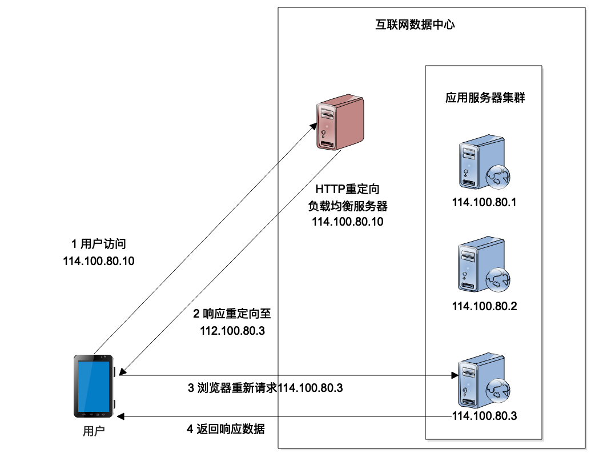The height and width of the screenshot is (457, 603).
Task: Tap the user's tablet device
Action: [94, 386]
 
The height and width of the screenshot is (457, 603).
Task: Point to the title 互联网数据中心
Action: [415, 25]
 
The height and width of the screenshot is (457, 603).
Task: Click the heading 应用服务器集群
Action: [485, 97]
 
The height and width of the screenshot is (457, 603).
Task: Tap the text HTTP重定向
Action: [348, 189]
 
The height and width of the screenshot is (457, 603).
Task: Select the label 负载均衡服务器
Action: [348, 206]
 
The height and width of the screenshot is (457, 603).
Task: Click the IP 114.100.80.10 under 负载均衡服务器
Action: [348, 222]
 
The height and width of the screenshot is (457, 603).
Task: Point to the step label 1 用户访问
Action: [98, 244]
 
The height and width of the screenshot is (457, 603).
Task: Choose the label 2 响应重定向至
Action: [232, 314]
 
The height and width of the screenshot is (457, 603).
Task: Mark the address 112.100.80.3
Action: [232, 330]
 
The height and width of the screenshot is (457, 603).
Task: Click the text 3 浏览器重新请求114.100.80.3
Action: [265, 388]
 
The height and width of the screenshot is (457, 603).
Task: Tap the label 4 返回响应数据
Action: [226, 429]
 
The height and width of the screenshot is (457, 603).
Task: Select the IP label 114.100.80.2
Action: [484, 306]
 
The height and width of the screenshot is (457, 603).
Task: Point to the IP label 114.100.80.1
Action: [484, 202]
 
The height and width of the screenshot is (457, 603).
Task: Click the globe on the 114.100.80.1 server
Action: [497, 178]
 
